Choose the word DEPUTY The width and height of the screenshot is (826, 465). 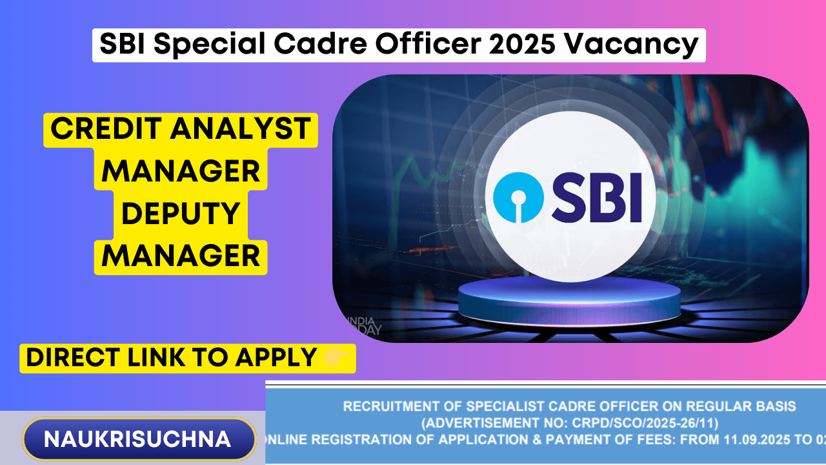[x=181, y=214]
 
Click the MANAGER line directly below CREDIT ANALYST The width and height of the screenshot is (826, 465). [x=181, y=172]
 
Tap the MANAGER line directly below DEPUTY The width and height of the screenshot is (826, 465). [x=181, y=256]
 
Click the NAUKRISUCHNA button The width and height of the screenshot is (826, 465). [x=137, y=439]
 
